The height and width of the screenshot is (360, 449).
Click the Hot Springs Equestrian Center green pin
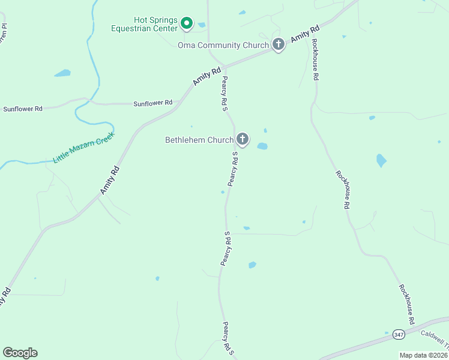click(187, 23)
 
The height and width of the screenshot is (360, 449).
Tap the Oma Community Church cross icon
click(279, 44)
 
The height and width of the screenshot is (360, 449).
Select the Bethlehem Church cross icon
click(243, 140)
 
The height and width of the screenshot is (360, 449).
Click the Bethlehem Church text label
click(199, 140)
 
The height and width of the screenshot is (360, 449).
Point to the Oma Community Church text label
click(223, 45)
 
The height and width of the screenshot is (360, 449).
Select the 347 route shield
click(399, 334)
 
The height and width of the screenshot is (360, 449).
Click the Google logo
click(20, 353)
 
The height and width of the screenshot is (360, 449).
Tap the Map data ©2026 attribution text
click(423, 355)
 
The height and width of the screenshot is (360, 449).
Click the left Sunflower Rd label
click(23, 109)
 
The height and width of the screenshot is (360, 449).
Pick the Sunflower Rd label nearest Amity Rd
click(152, 103)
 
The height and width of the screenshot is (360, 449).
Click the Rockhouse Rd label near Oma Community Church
click(315, 59)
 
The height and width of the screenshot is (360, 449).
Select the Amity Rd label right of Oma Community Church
click(306, 34)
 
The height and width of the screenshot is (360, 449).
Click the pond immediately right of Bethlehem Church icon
click(262, 146)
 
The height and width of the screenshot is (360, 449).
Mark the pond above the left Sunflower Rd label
click(62, 73)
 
